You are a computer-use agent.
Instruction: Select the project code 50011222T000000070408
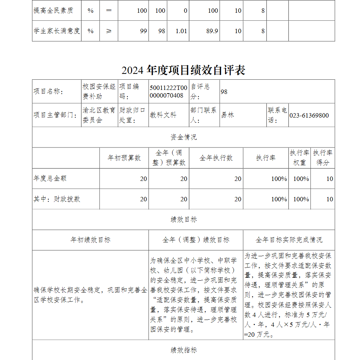point(169,91)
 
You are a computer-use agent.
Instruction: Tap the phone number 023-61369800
point(309,115)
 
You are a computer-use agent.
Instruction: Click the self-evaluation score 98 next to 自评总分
point(224,92)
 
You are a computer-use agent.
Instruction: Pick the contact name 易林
point(227,115)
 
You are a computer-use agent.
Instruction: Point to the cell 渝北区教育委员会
point(99,115)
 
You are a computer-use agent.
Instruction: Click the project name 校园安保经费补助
point(99,91)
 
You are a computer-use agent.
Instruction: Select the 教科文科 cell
point(163,115)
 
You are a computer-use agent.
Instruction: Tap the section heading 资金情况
point(183,137)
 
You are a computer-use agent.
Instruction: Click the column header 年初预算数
point(124,158)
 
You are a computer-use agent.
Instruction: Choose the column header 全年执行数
point(216,158)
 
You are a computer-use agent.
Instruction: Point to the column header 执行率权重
point(299,158)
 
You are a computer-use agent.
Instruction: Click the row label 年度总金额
point(50,178)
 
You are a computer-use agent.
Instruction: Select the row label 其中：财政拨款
point(57,199)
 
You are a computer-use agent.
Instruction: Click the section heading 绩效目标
point(183,219)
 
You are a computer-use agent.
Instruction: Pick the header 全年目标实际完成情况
point(289,240)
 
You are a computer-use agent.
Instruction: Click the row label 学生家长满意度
point(56,31)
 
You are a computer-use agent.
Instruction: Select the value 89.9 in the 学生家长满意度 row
point(212,31)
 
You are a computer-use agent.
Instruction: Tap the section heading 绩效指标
point(183,350)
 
